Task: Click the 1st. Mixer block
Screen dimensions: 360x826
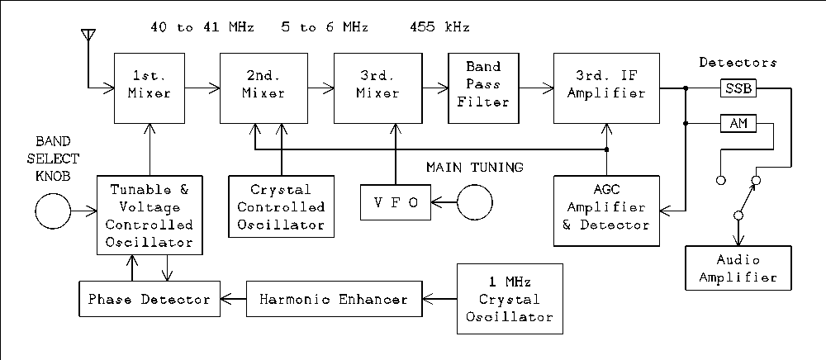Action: tap(150, 86)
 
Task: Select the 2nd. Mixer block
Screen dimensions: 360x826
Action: tap(263, 86)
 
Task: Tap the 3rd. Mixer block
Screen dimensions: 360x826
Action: tap(377, 86)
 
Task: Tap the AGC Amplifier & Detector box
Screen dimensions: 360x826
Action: tap(607, 211)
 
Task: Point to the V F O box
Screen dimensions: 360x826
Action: tap(395, 202)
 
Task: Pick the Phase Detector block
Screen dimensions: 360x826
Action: tap(150, 299)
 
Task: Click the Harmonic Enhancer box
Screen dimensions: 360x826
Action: tap(334, 299)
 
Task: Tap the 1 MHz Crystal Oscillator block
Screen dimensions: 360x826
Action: tap(509, 299)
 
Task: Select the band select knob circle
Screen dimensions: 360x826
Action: tap(52, 212)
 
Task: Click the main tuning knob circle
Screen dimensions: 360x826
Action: tap(475, 202)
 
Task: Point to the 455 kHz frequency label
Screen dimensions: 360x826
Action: tap(439, 27)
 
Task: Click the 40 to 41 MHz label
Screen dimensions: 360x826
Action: tap(202, 27)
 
